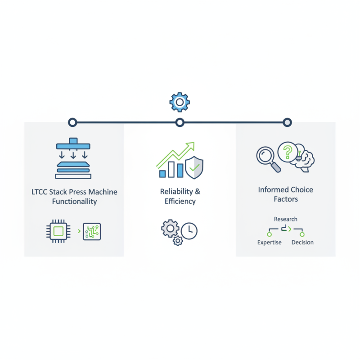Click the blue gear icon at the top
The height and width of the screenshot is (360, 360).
(180, 102)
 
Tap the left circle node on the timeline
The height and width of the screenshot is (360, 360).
(72, 122)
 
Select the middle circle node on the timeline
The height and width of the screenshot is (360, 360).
(180, 122)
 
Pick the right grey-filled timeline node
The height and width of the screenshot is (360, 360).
(287, 122)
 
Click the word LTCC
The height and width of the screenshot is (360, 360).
(39, 192)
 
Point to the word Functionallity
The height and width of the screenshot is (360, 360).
(74, 201)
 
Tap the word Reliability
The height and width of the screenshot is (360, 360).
(176, 192)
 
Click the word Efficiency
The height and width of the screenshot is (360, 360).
(180, 201)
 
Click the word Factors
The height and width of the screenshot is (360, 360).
(286, 199)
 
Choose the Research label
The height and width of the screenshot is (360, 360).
(286, 219)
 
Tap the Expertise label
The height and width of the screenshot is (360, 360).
(269, 243)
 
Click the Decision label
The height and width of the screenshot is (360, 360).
(302, 242)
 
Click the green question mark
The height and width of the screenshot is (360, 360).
(288, 152)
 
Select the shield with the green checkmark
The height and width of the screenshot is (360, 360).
(194, 167)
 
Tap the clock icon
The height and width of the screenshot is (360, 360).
(189, 231)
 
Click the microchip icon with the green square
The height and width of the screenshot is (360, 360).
(58, 231)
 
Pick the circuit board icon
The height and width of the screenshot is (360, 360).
(92, 231)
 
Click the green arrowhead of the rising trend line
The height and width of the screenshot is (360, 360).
(191, 145)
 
